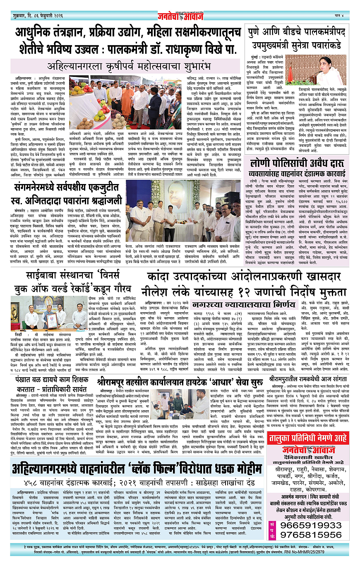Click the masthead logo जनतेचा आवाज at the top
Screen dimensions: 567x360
click(180, 17)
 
